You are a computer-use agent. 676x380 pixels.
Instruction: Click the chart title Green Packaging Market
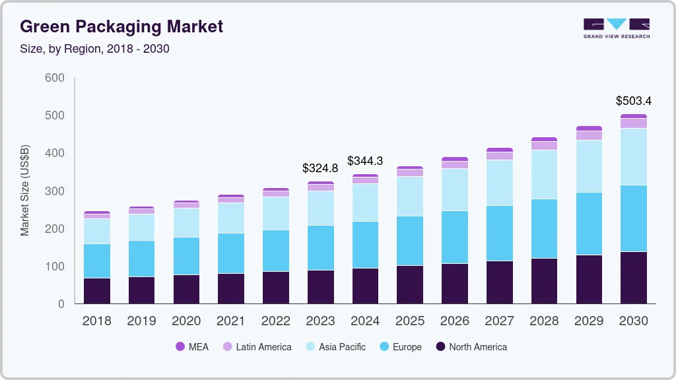coord(121,26)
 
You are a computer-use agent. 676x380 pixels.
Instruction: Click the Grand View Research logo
coord(616,28)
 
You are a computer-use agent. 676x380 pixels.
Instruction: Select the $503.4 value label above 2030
coord(634,101)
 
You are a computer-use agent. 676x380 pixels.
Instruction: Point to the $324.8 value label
coord(320,168)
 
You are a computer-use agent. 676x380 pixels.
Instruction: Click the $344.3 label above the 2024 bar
coord(365,161)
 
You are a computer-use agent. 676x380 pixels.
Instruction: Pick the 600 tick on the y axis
coord(54,78)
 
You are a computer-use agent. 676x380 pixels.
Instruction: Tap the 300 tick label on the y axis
coord(54,191)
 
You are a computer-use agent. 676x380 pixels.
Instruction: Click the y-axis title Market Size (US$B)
coord(25,191)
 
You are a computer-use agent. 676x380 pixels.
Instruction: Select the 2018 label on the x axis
coord(96,321)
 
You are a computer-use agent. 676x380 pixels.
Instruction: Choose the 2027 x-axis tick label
coord(499,321)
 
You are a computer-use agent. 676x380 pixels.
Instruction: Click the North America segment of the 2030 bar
coord(634,277)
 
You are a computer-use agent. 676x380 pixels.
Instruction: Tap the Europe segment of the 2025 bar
coord(410,241)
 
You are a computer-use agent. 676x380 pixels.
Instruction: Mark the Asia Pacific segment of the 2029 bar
coord(589,166)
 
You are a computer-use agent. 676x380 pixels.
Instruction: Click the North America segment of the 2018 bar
coord(96,290)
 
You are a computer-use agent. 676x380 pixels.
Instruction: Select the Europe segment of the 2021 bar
coord(231,253)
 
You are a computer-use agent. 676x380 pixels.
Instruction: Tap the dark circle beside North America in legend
coord(440,347)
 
